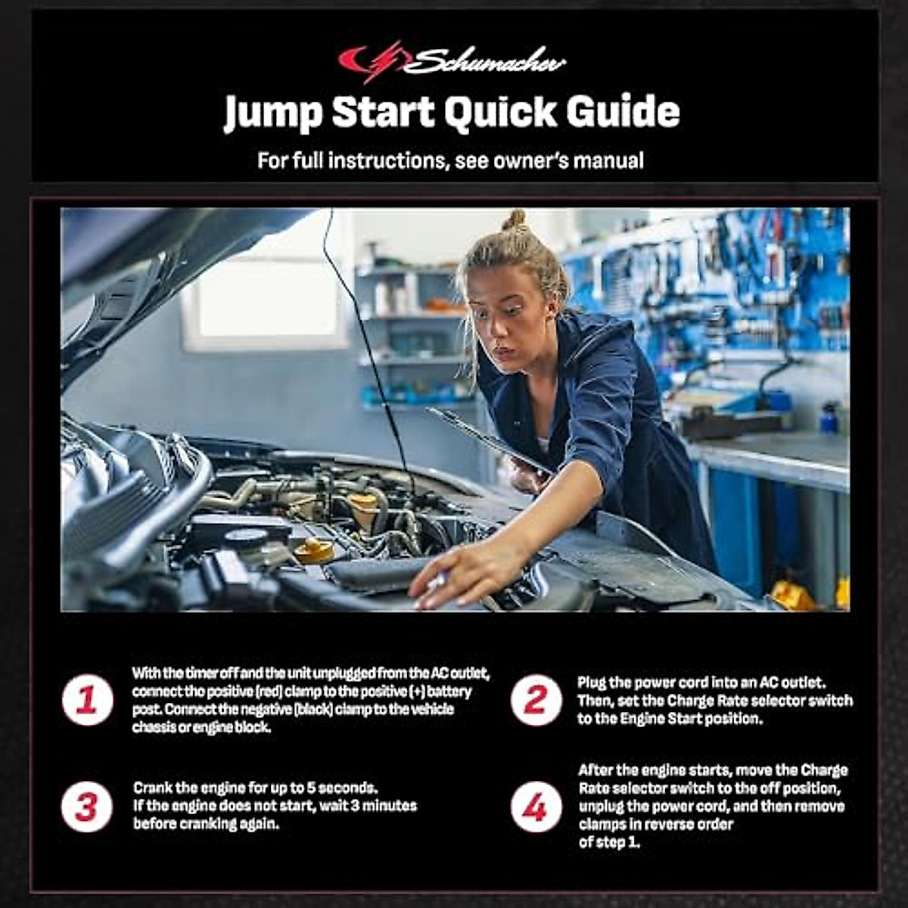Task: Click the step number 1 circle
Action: (87, 700)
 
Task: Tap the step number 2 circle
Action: (536, 700)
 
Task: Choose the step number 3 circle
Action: (87, 807)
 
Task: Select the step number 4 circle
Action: (536, 807)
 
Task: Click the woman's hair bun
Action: (515, 220)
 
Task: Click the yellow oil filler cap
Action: (314, 550)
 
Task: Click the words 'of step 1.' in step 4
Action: (609, 842)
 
